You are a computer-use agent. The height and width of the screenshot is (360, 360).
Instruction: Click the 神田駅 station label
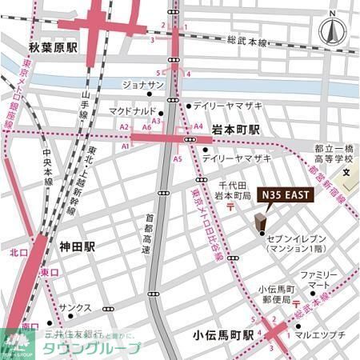[x=77, y=247]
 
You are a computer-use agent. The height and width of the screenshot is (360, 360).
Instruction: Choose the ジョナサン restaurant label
[x=143, y=86]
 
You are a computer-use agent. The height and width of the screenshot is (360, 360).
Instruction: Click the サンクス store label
[x=79, y=307]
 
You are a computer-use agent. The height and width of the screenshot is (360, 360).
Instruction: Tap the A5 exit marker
[x=178, y=159]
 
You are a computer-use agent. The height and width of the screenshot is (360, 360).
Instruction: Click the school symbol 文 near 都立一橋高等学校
[x=346, y=172]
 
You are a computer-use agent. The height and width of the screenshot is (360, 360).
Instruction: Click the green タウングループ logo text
[x=101, y=348]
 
